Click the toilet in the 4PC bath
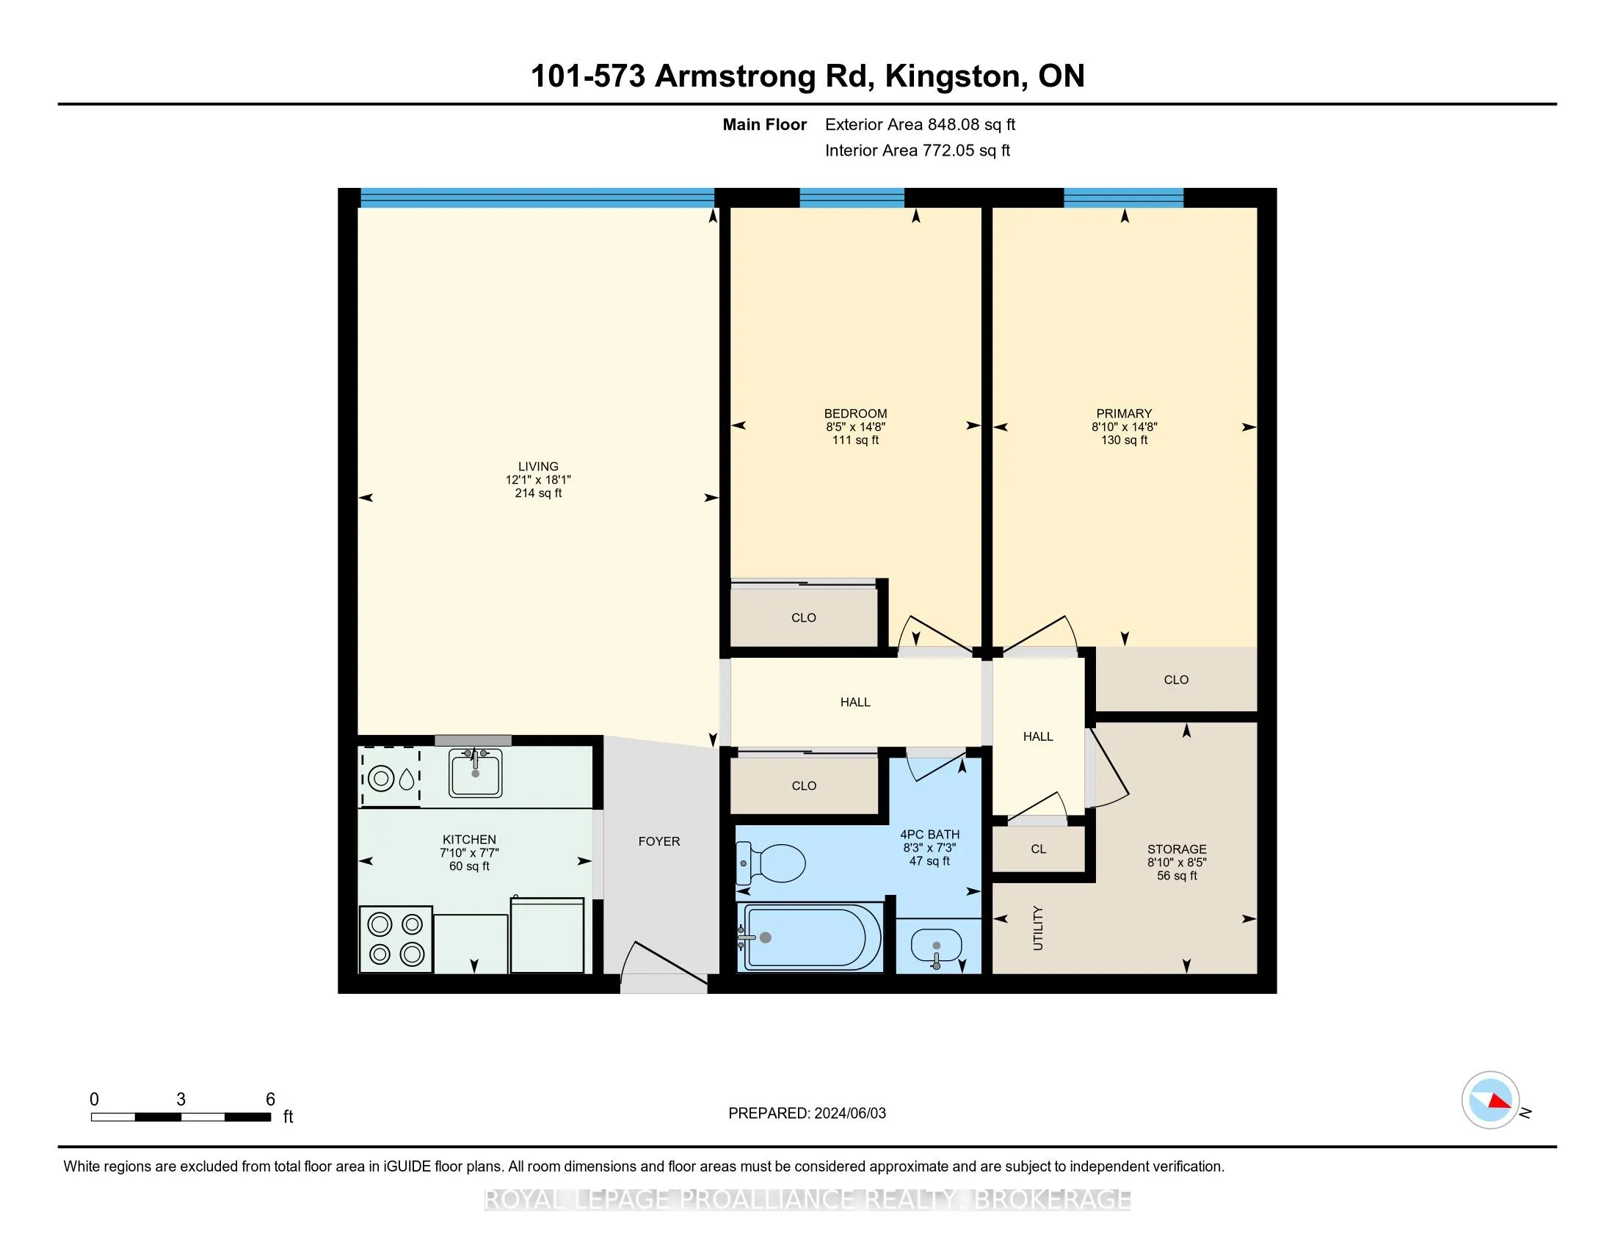point(772,863)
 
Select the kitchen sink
point(476,772)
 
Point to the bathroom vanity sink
point(936,946)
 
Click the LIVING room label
point(538,466)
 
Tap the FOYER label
point(659,841)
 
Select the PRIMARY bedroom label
point(1124,413)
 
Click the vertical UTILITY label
point(1038,928)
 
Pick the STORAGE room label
point(1177,849)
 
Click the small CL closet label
point(1038,849)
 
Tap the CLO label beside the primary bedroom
point(1176,680)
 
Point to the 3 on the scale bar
point(181,1100)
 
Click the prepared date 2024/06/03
point(849,1113)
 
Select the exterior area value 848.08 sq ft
point(972,124)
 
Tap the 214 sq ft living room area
point(538,493)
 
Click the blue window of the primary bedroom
point(1123,197)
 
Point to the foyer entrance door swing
point(663,962)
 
